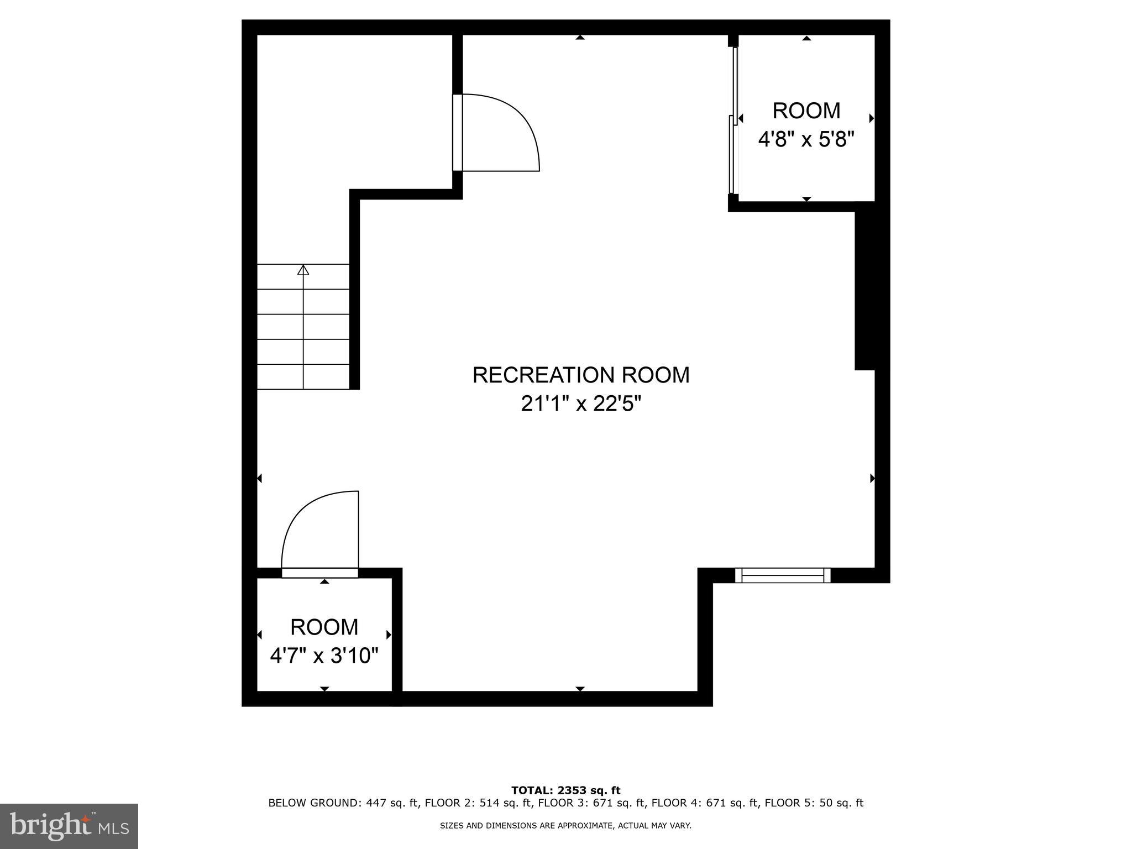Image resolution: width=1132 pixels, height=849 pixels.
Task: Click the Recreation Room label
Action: click(580, 375)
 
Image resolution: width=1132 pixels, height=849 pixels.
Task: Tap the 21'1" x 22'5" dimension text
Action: click(580, 404)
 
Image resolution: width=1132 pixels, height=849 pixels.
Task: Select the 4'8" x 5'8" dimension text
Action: click(806, 139)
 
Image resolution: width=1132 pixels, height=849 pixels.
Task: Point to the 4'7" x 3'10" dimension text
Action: click(324, 656)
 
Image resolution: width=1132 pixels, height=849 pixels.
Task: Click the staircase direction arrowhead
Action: click(303, 270)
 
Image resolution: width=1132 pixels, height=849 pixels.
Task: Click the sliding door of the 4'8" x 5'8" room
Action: click(733, 120)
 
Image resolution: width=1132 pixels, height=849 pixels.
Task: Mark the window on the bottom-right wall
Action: click(783, 575)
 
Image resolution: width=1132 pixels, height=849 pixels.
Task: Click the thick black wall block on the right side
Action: click(865, 285)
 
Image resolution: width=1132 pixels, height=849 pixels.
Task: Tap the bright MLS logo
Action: click(69, 826)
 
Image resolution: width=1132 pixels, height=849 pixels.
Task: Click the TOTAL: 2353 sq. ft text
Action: click(565, 790)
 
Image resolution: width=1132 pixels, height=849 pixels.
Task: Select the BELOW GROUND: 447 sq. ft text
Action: click(343, 803)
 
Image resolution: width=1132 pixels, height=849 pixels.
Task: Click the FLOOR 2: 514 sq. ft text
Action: click(478, 803)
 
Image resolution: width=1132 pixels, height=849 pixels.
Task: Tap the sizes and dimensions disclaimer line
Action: click(565, 826)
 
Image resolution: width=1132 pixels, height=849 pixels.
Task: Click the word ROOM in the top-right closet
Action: click(806, 111)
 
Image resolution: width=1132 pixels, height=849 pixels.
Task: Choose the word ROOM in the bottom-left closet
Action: click(324, 627)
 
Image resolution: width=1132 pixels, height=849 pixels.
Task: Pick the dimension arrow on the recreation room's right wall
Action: click(872, 478)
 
